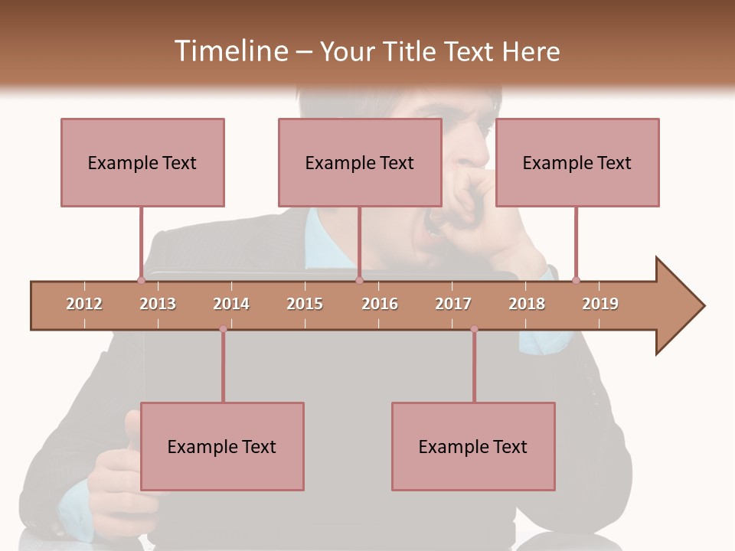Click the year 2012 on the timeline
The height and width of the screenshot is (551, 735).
coord(84,304)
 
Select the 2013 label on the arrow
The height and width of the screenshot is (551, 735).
coord(158,304)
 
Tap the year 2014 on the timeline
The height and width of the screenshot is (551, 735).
coord(231,304)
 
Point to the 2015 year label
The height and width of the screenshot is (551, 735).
coord(305,304)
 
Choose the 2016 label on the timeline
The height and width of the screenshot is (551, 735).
coord(380,304)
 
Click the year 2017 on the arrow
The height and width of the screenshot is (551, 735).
coord(453,304)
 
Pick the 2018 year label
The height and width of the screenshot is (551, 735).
coord(527,304)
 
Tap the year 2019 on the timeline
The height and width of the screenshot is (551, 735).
coord(600,304)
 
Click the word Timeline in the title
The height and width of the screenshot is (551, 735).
coord(230,51)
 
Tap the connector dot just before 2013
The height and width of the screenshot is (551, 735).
coord(141,280)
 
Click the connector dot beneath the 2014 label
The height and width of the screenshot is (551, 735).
coord(223,329)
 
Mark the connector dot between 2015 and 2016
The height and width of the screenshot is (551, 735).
coord(359,280)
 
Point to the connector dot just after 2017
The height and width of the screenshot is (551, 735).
coord(474,329)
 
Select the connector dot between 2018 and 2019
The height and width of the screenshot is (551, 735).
coord(576,280)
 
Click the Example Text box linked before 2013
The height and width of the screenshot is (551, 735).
coord(142,162)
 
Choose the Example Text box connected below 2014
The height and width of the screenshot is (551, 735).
coord(222,446)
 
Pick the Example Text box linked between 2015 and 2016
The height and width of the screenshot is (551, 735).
coord(360,162)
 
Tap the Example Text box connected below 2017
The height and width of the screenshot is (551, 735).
coord(473,446)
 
